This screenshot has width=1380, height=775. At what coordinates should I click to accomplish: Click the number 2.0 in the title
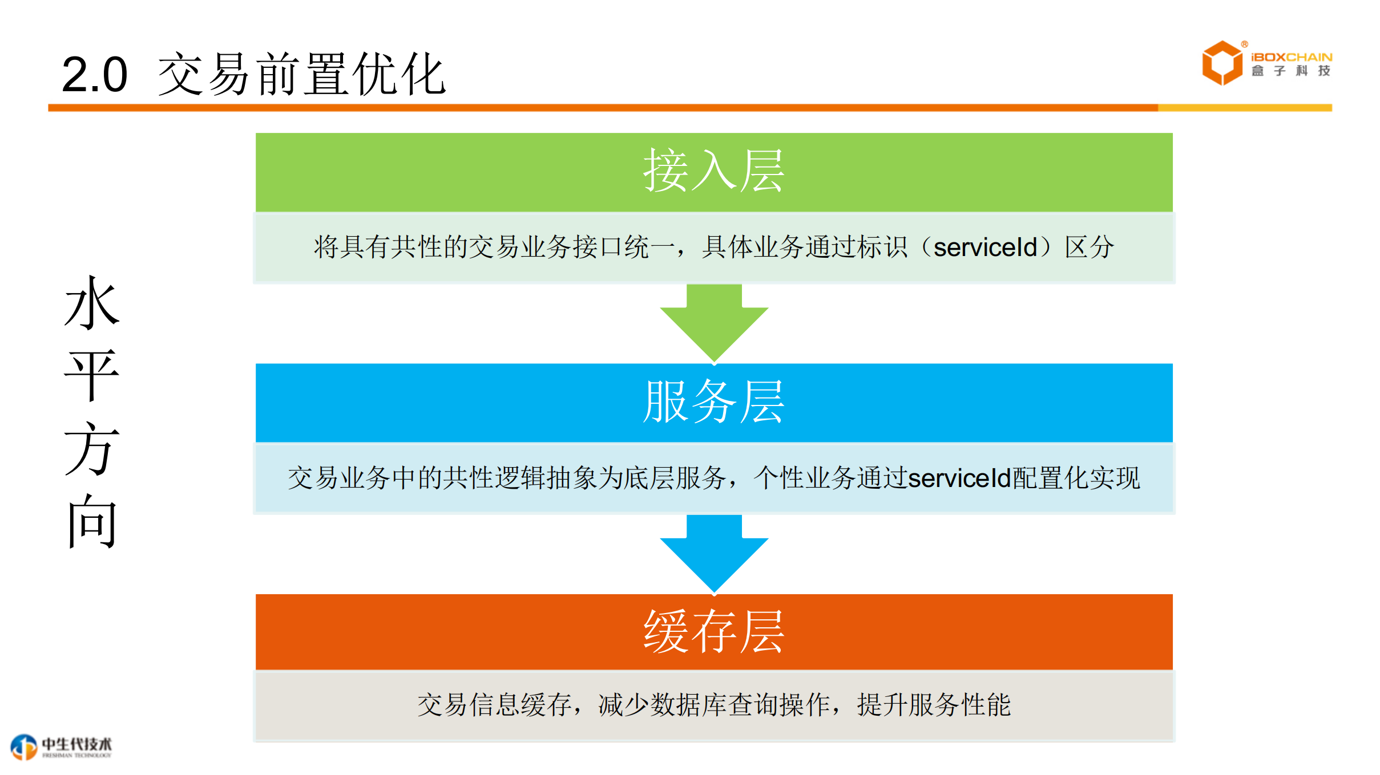pos(94,75)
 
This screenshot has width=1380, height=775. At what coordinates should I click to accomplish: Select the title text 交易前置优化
pos(301,75)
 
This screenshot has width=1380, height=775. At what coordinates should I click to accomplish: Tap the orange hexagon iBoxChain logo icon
pos(1221,63)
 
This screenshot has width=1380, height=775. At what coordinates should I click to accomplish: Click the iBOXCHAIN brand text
pos(1291,57)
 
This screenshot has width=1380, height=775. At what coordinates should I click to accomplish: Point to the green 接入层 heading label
pos(713,171)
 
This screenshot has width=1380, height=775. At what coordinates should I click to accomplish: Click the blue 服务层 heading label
pos(713,402)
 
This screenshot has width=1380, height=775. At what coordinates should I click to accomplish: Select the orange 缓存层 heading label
pos(713,632)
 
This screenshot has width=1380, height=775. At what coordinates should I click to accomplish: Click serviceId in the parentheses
pos(985,247)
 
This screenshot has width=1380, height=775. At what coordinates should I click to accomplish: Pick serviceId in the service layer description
pos(959,478)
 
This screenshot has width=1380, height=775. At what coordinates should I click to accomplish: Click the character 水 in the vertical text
pos(92,303)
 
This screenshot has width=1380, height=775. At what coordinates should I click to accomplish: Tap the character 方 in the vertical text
pos(92,449)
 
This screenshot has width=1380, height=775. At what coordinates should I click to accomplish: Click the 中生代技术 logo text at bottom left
pos(76,745)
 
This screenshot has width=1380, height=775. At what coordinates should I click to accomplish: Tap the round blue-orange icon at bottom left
pos(24,747)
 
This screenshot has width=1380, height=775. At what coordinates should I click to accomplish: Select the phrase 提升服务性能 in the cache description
pos(934,705)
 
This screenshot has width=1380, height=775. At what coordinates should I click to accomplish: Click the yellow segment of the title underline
pos(1244,108)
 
